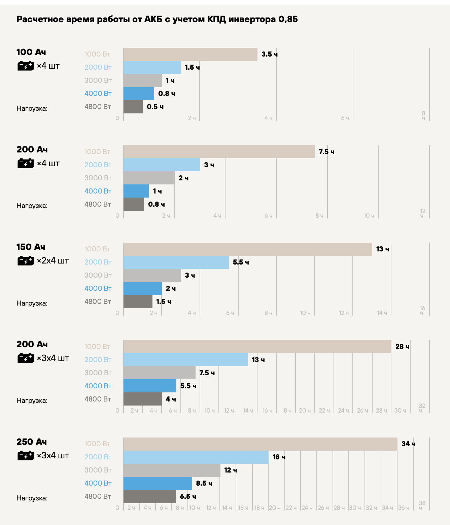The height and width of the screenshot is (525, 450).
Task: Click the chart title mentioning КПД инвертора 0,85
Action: coord(157,19)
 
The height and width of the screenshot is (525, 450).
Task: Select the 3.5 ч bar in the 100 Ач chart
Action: coord(190,54)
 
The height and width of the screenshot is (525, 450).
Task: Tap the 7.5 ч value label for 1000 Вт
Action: coord(326,152)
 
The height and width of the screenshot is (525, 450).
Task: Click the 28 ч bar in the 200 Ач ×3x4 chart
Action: coord(257,347)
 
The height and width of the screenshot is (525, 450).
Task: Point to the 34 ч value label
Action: coord(408,444)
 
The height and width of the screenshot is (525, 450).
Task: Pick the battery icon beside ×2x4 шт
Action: coord(26,260)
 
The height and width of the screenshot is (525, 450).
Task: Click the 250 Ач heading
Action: coord(32,442)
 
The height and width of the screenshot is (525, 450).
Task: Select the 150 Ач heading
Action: coord(31,247)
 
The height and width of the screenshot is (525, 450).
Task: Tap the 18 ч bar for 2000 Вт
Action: coord(196,457)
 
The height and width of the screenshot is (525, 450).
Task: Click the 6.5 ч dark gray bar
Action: coord(150,496)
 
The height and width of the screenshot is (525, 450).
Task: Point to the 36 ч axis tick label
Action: coord(403,508)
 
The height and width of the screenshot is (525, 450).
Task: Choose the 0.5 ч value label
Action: coord(155,107)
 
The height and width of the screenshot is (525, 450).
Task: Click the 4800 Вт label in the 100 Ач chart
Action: coord(98,107)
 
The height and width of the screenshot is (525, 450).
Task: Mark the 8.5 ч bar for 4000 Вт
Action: coord(158,483)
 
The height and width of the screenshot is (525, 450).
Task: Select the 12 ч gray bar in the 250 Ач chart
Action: coord(172,470)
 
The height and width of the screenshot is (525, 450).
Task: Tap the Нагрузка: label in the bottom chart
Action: coord(32,498)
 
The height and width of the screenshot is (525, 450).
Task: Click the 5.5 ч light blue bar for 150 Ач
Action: coord(176,262)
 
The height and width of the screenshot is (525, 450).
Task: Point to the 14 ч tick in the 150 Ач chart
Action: coord(382,313)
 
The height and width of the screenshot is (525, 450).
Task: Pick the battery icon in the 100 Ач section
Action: coord(26,66)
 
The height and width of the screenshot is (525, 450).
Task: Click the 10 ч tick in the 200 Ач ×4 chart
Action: coord(369,215)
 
